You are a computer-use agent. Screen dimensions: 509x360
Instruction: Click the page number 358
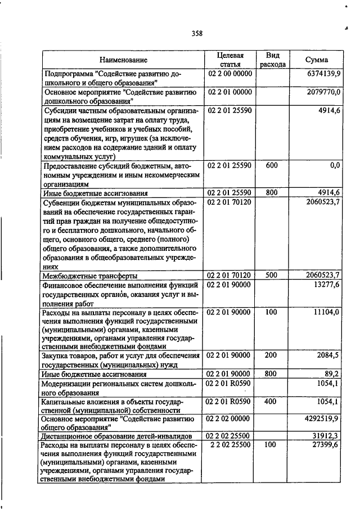point(197,33)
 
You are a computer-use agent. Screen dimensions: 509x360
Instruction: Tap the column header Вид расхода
point(273,60)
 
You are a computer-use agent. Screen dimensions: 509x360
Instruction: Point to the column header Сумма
point(317,60)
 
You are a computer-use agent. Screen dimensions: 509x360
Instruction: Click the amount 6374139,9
point(320,74)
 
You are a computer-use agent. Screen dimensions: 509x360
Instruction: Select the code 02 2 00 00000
point(231,74)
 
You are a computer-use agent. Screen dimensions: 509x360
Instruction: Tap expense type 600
point(272,165)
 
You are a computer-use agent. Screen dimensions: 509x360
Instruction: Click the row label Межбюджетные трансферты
point(90,276)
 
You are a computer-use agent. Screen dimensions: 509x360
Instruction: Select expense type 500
point(272,275)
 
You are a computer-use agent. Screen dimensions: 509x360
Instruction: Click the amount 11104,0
point(324,312)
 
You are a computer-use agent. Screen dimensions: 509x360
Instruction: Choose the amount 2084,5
point(326,356)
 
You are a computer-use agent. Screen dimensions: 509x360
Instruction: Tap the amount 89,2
point(331,373)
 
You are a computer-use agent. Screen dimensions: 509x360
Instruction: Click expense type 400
point(272,401)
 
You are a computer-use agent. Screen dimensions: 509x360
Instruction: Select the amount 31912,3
point(325,436)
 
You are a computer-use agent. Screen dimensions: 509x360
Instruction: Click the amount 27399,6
point(324,445)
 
